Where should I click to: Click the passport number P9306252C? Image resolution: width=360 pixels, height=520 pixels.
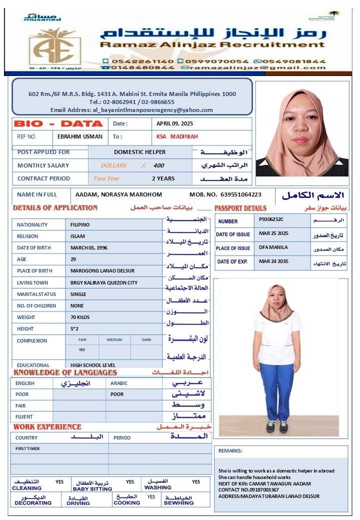(x=271, y=219)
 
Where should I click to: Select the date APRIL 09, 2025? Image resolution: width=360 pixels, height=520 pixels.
(x=174, y=123)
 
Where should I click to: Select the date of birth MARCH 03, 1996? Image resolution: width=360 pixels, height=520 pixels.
(x=89, y=247)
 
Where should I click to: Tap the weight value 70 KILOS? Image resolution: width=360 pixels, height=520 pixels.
(x=81, y=317)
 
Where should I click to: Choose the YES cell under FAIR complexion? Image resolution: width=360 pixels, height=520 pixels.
(x=82, y=350)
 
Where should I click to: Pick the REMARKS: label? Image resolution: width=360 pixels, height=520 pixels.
(x=230, y=450)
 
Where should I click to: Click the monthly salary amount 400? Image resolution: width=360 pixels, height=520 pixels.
(x=158, y=165)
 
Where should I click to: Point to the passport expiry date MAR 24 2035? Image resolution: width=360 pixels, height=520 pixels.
(x=273, y=261)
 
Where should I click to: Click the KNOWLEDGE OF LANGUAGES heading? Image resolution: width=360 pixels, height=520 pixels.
(x=65, y=372)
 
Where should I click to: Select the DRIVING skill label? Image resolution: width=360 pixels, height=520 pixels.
(x=78, y=503)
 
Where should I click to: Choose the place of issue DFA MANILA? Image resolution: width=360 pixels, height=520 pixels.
(x=273, y=247)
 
